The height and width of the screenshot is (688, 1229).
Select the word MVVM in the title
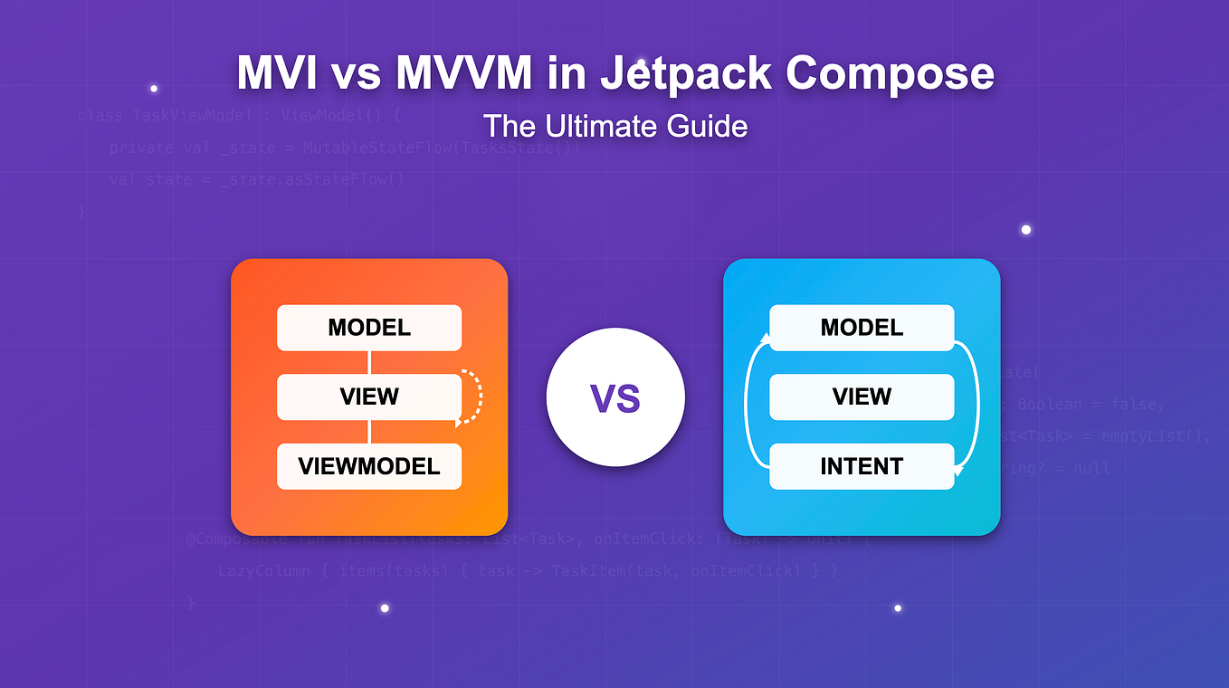click(463, 73)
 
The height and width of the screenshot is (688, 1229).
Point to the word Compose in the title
click(890, 73)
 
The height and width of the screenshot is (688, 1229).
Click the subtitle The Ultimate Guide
click(614, 126)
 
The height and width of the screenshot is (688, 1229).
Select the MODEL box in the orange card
click(369, 328)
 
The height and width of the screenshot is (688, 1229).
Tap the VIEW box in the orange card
click(369, 397)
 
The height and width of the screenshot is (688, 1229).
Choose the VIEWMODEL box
click(369, 466)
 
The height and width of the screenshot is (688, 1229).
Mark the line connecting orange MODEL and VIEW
click(369, 362)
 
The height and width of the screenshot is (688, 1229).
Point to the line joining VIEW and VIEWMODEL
click(369, 432)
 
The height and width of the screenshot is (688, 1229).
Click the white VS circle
click(615, 397)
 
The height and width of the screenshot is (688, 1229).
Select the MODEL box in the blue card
click(862, 328)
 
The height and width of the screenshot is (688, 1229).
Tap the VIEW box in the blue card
click(862, 397)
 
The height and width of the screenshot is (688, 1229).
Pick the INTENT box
click(862, 466)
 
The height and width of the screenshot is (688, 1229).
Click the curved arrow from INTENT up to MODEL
click(747, 398)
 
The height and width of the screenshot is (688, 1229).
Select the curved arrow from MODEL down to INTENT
click(977, 398)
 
